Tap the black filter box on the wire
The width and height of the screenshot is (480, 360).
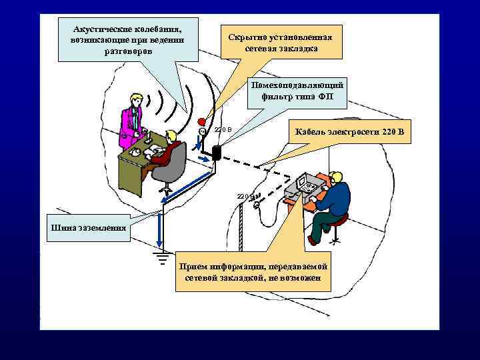coord(216,151)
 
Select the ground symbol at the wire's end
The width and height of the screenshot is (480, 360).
coord(161,257)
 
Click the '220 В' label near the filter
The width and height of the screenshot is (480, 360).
coord(223,129)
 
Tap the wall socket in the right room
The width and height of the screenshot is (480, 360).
coord(255,206)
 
